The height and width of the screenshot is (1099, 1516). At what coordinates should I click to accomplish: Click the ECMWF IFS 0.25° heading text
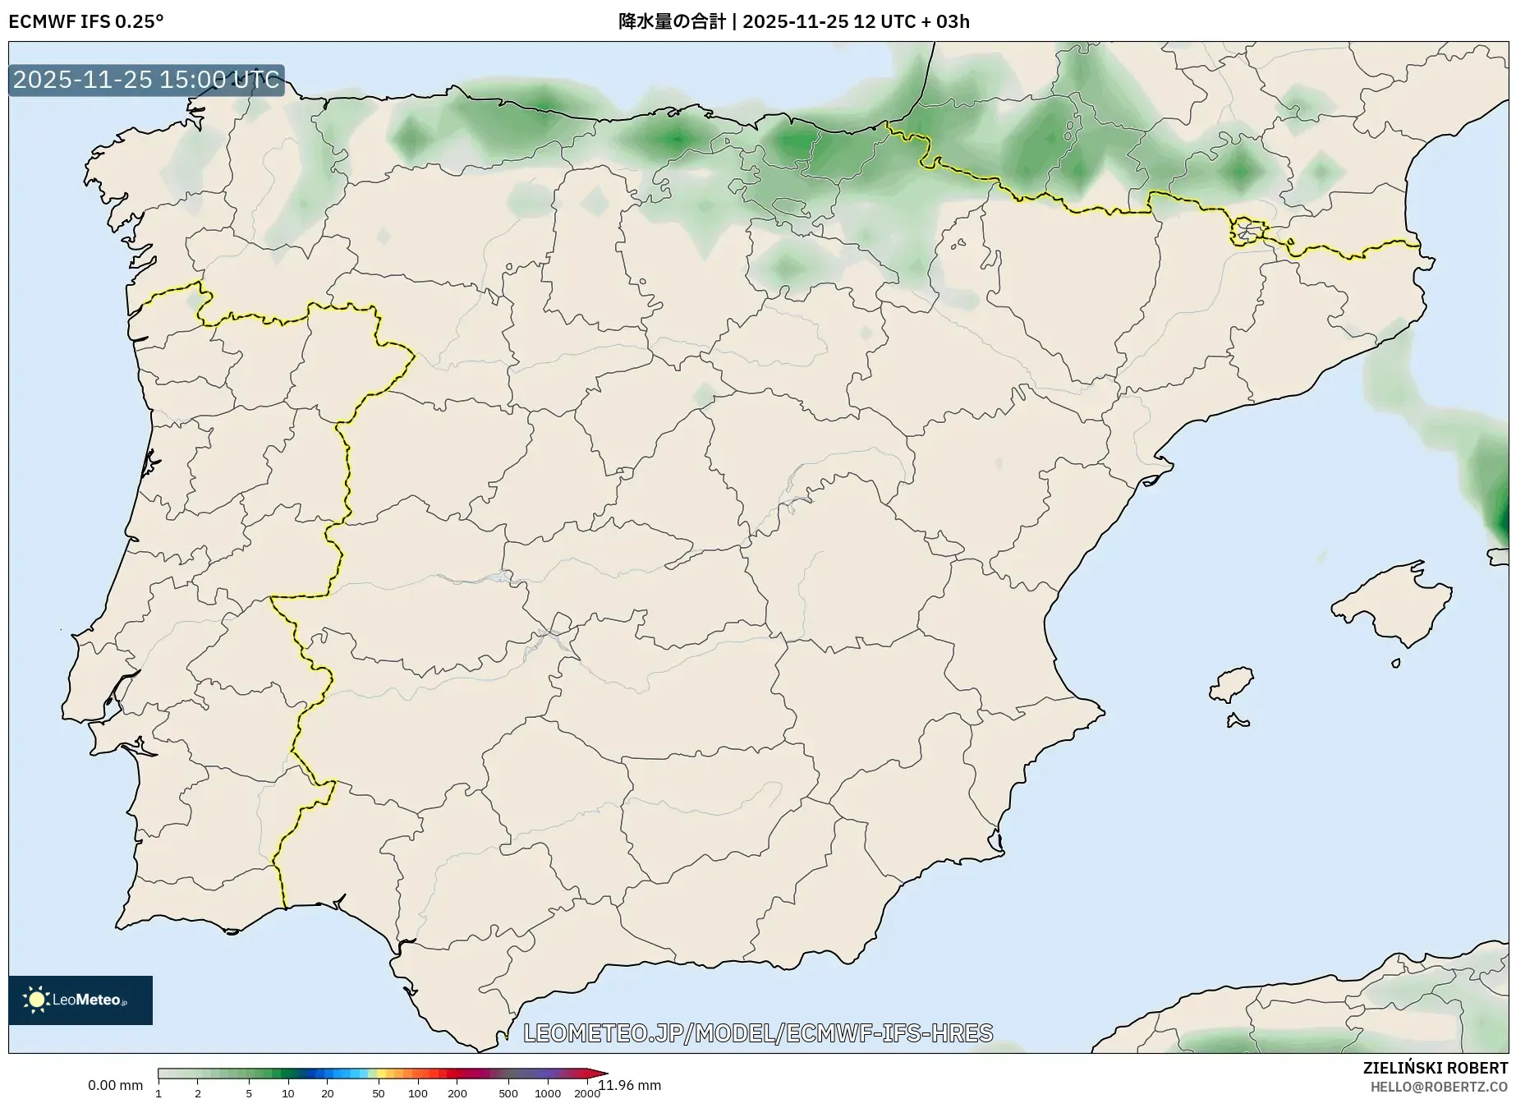point(85,21)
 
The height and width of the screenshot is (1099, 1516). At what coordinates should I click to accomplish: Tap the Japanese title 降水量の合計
point(671,21)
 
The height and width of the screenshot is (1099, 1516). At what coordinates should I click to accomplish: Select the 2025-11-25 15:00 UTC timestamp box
point(146,80)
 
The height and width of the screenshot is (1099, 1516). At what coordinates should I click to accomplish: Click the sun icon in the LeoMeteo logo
point(36,999)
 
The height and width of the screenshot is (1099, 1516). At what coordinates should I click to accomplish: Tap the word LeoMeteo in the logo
point(86,1000)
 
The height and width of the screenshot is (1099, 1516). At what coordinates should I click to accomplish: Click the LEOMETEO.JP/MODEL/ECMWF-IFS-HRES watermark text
point(757,1032)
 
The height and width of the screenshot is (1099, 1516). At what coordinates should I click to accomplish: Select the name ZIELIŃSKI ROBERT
point(1435,1068)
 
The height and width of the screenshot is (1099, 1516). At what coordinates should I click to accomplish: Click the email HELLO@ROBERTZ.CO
point(1439,1087)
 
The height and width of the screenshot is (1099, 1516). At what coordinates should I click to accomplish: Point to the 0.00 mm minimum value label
point(115,1085)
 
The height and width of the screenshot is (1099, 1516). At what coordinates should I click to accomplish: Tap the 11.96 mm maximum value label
point(631,1085)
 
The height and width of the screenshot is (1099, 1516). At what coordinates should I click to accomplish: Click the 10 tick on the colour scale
point(287,1092)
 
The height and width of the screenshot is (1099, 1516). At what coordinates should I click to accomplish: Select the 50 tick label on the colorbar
point(378,1092)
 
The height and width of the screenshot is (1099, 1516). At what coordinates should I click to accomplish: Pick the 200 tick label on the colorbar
point(457,1092)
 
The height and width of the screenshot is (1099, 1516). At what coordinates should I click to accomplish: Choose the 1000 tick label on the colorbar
point(548,1092)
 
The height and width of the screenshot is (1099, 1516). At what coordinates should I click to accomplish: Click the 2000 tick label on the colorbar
point(587,1092)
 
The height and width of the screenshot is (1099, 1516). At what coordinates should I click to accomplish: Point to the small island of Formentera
point(1237,722)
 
